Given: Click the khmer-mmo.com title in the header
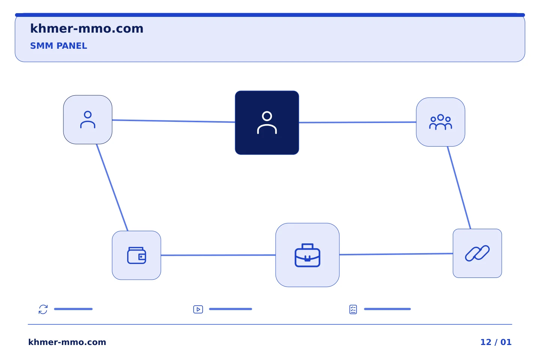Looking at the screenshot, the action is pyautogui.click(x=87, y=28).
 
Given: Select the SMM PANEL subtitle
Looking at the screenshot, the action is pyautogui.click(x=58, y=46).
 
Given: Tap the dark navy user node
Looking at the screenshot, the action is pyautogui.click(x=267, y=123).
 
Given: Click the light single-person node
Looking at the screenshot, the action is pyautogui.click(x=88, y=120).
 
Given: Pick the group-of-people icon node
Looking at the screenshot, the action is pyautogui.click(x=440, y=122).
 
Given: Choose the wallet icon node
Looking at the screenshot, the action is pyautogui.click(x=136, y=255).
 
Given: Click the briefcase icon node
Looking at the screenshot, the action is pyautogui.click(x=307, y=255).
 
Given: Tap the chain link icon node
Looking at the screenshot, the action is pyautogui.click(x=477, y=253).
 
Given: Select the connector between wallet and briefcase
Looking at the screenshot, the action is pyautogui.click(x=218, y=255).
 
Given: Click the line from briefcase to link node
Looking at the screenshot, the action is pyautogui.click(x=396, y=254).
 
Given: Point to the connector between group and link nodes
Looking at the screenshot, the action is pyautogui.click(x=459, y=187).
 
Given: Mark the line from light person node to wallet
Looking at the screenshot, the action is pyautogui.click(x=112, y=187).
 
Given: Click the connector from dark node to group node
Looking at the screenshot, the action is pyautogui.click(x=357, y=122).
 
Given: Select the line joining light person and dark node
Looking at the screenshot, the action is pyautogui.click(x=174, y=121).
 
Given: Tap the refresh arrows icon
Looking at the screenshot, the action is pyautogui.click(x=43, y=309).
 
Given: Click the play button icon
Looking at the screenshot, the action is pyautogui.click(x=198, y=309).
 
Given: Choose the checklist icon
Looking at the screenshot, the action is pyautogui.click(x=353, y=309).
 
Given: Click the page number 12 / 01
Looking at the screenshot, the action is pyautogui.click(x=496, y=342).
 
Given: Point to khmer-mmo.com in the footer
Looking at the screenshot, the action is pyautogui.click(x=67, y=342).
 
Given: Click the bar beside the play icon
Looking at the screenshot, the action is pyautogui.click(x=231, y=309).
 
